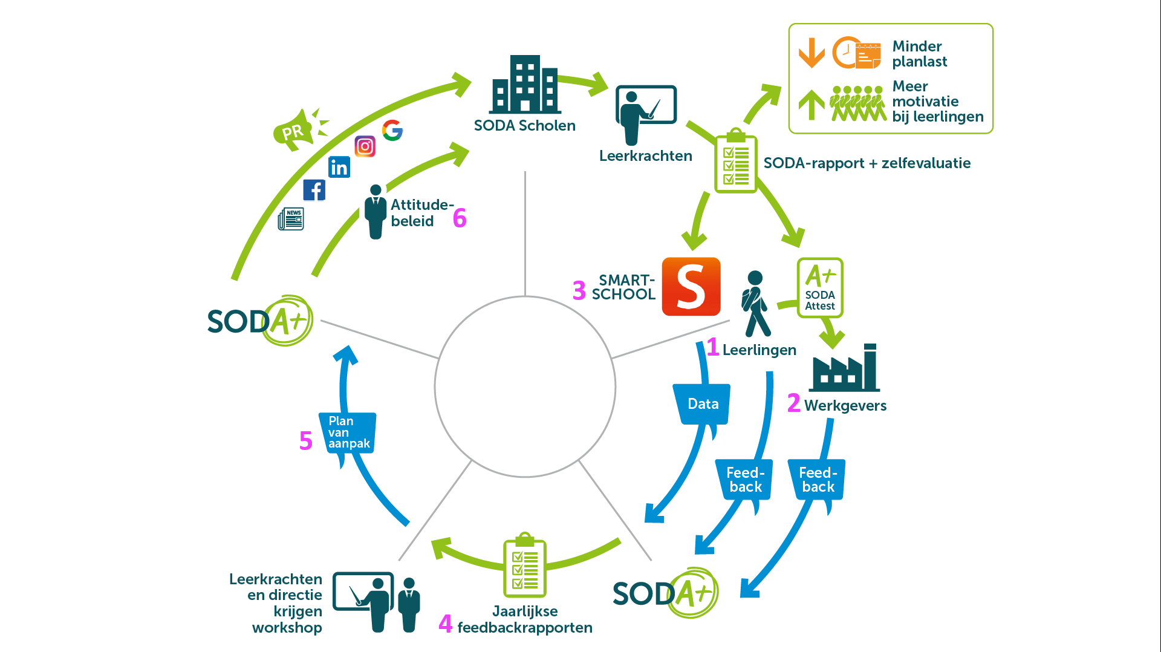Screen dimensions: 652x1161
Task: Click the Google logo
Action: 392,130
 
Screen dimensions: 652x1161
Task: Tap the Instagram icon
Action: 365,146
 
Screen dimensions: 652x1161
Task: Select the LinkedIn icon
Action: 339,167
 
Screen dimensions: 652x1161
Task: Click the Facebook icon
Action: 314,190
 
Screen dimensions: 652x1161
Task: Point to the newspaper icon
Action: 291,219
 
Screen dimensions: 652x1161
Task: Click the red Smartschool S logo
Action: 691,287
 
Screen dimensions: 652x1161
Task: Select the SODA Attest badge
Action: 820,288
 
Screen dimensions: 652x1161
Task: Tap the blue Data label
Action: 703,404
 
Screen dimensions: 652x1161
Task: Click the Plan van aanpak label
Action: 348,432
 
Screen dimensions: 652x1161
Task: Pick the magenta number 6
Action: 460,218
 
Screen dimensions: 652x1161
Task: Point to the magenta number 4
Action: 446,624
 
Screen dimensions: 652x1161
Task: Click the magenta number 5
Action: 306,441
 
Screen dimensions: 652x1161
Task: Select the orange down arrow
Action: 811,53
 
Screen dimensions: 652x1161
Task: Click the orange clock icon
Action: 847,53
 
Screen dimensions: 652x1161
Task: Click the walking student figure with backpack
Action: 755,304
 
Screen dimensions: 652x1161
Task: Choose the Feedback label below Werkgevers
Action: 818,480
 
